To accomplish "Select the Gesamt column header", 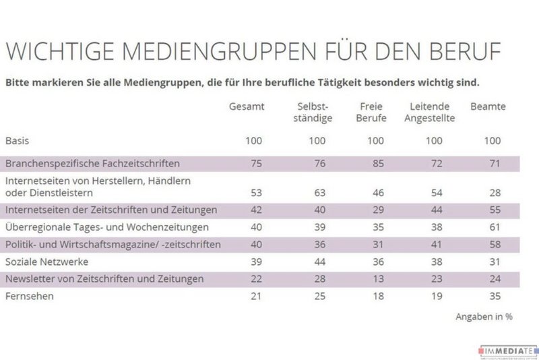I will tap(247, 107).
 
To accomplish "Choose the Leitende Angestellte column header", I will tap(433, 113).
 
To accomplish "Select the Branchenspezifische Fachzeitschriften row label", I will tap(92, 163).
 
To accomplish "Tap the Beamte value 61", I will tap(494, 227).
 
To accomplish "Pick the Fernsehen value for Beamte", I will tap(494, 295).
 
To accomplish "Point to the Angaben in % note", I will tap(484, 316).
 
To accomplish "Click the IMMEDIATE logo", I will tap(509, 351).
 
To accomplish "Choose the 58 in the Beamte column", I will tap(494, 244).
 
